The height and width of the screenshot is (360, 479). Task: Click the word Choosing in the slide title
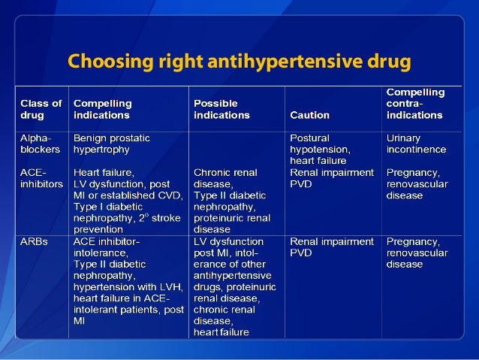(x=102, y=60)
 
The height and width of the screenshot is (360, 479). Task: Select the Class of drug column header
(x=41, y=109)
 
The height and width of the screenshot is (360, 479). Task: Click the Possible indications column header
(x=221, y=109)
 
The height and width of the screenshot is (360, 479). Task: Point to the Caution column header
(x=309, y=115)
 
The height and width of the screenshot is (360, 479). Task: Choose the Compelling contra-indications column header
(x=414, y=104)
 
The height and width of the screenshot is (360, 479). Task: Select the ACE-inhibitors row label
(x=41, y=177)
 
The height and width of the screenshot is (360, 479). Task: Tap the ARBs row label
(x=33, y=242)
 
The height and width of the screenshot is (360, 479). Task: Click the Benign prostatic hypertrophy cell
(x=111, y=144)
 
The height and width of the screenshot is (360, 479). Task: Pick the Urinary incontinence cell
(x=416, y=144)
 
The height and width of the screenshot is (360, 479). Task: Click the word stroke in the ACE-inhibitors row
(x=163, y=218)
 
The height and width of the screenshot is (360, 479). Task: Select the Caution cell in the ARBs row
(x=331, y=247)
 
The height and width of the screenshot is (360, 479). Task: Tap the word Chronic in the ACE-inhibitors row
(x=214, y=172)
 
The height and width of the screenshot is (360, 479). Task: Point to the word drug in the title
(x=387, y=60)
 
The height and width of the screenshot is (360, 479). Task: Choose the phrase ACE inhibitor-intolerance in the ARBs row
(x=107, y=247)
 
